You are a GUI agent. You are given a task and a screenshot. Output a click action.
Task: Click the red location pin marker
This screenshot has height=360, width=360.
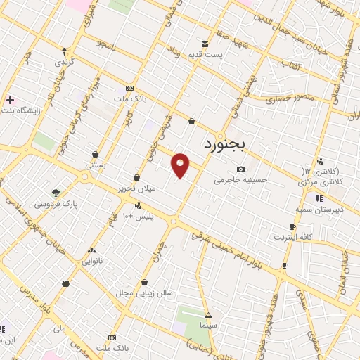tap(181, 165)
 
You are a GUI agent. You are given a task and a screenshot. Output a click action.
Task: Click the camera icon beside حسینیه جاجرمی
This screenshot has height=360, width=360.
tap(240, 169)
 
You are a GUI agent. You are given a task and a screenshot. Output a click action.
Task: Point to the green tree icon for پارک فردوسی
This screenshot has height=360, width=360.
tap(56, 192)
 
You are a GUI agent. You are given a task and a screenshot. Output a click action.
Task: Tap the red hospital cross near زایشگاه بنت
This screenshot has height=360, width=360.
tap(9, 100)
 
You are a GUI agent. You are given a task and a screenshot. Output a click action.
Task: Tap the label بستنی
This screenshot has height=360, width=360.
tap(95, 165)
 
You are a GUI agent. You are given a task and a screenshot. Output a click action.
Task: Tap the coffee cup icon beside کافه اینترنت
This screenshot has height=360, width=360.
tap(292, 226)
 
